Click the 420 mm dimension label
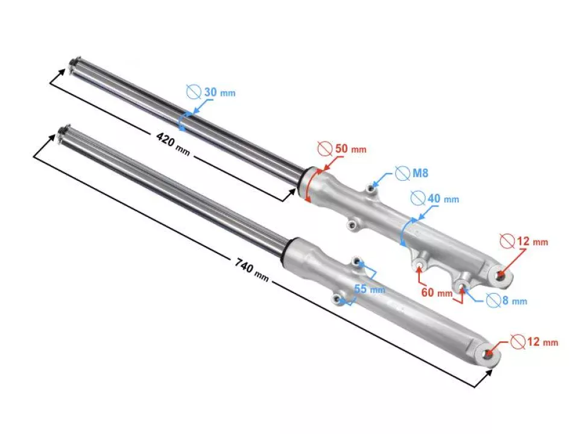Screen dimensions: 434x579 172,145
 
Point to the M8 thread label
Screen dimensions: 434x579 420,174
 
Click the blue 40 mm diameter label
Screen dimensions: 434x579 443,198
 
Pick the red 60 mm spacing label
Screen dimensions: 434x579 437,293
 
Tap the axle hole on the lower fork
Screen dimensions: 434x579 487,355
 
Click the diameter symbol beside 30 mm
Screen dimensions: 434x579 193,92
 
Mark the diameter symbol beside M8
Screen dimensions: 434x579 402,174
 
